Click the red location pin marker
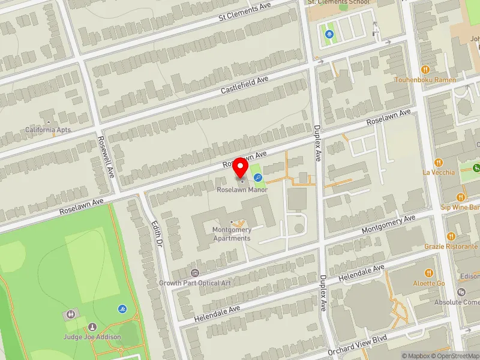(241, 167)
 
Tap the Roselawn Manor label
(242, 190)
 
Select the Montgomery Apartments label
(231, 234)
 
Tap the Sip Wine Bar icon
(461, 197)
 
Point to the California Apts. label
(48, 130)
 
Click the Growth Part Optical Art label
(195, 283)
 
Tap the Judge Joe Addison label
(92, 337)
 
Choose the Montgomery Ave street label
(388, 226)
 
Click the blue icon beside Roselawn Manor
(257, 177)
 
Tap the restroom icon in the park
(71, 314)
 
